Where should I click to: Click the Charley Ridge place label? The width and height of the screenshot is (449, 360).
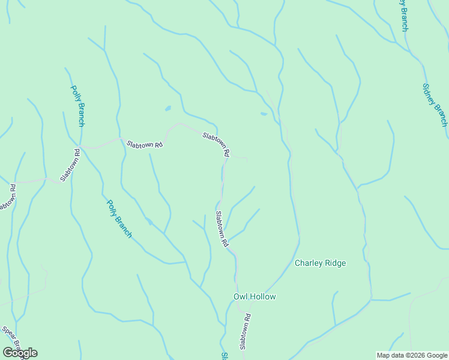pyautogui.click(x=320, y=263)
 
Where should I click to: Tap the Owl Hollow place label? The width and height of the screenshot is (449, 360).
pyautogui.click(x=254, y=296)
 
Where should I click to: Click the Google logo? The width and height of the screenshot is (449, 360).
pyautogui.click(x=20, y=352)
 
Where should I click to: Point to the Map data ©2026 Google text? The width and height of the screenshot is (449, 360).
pyautogui.click(x=411, y=355)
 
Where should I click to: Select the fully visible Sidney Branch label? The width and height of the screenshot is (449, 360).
pyautogui.click(x=435, y=104)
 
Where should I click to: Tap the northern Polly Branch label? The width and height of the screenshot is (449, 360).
pyautogui.click(x=77, y=106)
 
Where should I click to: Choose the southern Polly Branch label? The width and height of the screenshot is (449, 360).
pyautogui.click(x=119, y=218)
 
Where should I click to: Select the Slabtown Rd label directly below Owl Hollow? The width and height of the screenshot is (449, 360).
pyautogui.click(x=244, y=331)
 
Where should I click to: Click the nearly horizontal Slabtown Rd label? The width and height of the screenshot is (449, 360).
pyautogui.click(x=145, y=145)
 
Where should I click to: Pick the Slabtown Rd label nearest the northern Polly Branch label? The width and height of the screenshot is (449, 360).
pyautogui.click(x=70, y=166)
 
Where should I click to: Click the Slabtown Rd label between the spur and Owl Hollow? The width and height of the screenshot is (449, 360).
pyautogui.click(x=222, y=229)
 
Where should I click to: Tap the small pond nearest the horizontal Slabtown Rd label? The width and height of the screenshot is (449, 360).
pyautogui.click(x=167, y=109)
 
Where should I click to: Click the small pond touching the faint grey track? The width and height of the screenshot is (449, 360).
pyautogui.click(x=264, y=113)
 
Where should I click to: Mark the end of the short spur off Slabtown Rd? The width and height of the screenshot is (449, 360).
pyautogui.click(x=247, y=159)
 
